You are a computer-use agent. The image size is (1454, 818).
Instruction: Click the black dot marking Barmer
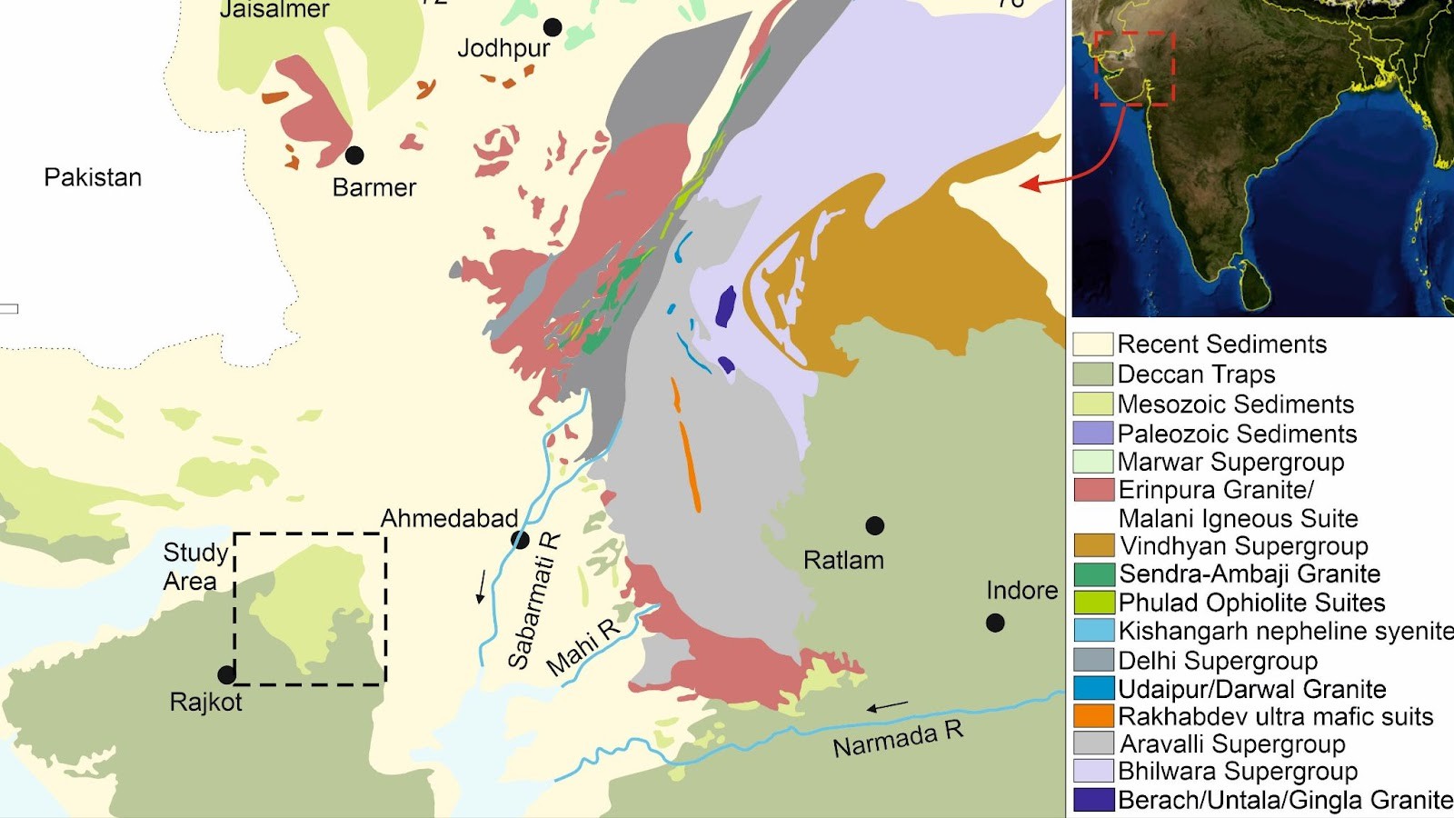(x=354, y=155)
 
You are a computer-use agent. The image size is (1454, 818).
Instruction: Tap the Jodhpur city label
(x=503, y=48)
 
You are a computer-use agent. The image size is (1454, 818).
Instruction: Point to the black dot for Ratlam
(x=874, y=525)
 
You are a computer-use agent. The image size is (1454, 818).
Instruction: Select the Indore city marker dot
(x=995, y=623)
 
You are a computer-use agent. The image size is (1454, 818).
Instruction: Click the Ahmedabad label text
(x=449, y=519)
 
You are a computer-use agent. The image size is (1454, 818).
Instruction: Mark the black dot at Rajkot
(x=227, y=674)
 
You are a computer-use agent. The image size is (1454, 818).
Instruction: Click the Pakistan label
(x=93, y=177)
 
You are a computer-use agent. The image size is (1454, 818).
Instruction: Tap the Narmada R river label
(x=897, y=739)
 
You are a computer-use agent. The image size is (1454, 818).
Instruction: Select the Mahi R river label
(x=583, y=647)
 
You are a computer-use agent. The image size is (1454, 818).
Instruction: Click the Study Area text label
(x=194, y=566)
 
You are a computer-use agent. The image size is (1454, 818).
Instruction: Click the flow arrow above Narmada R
(x=887, y=706)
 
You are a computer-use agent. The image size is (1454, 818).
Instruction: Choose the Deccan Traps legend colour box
(x=1092, y=374)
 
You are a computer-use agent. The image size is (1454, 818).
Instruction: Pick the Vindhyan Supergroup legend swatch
(x=1092, y=545)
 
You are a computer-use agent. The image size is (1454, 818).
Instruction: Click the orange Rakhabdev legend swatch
(x=1092, y=716)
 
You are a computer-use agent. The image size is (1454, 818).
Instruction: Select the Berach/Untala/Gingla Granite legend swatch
(x=1092, y=800)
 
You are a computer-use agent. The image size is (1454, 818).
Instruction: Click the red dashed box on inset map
(x=1134, y=68)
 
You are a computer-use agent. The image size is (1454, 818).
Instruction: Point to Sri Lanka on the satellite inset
(x=1255, y=284)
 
